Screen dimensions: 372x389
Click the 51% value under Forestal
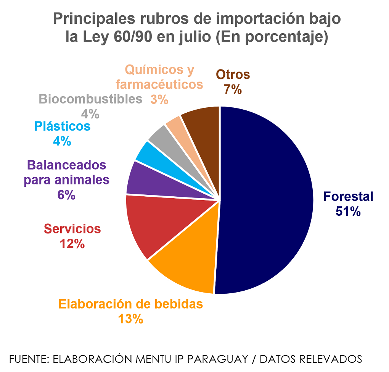(x=348, y=211)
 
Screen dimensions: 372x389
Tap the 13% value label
(x=130, y=319)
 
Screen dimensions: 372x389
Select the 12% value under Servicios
(x=72, y=244)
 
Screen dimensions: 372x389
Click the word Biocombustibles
(x=90, y=99)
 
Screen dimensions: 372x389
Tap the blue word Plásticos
(x=62, y=126)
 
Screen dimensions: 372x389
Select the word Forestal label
(x=348, y=197)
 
